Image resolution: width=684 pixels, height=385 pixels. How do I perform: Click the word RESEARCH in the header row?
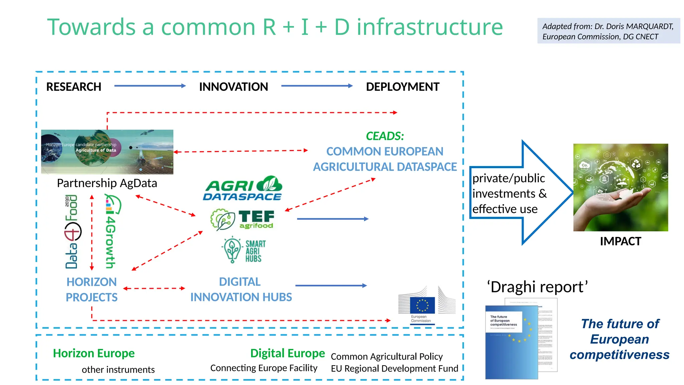pos(73,87)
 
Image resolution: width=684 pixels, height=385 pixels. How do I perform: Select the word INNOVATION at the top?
pos(233,87)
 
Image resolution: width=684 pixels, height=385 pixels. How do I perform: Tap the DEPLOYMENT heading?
pos(402,87)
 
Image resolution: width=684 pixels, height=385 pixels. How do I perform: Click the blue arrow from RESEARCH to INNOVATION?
pos(150,86)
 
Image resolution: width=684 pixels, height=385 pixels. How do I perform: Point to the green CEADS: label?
pos(385,136)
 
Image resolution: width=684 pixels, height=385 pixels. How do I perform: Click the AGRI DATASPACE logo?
pos(243,188)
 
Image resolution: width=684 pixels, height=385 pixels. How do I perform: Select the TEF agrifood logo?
pos(243,220)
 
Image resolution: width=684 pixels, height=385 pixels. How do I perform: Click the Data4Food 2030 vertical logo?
pos(72,232)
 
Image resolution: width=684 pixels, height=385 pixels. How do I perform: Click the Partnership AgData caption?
pos(107,183)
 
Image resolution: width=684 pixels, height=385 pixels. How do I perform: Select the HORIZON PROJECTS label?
pos(92,289)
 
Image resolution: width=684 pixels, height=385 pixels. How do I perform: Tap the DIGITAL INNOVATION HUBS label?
pos(241,289)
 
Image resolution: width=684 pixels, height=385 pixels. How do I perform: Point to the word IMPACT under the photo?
pos(620,241)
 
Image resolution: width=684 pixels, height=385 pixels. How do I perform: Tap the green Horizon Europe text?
pos(94,353)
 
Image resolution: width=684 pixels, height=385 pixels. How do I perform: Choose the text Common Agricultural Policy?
pos(386,357)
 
